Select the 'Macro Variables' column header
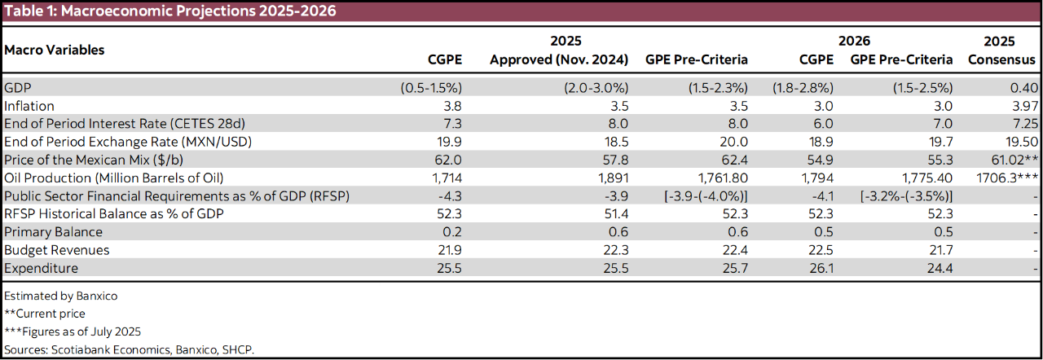55,50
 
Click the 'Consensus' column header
1001,59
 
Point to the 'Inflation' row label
29,106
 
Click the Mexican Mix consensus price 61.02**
1011,160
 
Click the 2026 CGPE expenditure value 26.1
821,267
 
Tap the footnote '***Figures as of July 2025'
73,331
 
